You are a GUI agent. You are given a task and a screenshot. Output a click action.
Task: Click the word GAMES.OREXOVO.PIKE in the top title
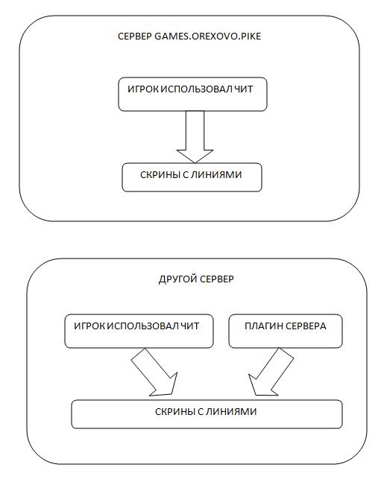coord(207,37)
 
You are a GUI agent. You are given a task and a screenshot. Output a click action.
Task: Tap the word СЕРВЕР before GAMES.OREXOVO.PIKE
coord(135,37)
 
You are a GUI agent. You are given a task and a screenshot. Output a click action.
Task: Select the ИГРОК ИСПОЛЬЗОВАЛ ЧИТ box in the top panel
coord(192,94)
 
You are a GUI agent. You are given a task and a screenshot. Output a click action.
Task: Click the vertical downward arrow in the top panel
coord(195,137)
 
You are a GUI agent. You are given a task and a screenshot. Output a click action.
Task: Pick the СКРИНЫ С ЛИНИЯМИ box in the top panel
coord(192,177)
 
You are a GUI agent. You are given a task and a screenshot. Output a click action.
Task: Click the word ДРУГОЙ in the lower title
coord(176,279)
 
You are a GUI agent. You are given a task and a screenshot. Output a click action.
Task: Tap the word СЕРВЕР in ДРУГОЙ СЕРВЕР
coord(215,279)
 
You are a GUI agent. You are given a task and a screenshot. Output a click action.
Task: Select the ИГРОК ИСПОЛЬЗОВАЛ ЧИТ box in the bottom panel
coord(139,331)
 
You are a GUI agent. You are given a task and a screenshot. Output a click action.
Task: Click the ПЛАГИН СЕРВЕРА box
coord(286,331)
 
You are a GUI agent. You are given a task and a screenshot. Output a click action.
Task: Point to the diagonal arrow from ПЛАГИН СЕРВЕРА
coord(271,372)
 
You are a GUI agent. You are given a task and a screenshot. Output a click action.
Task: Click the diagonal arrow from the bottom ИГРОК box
coord(154,372)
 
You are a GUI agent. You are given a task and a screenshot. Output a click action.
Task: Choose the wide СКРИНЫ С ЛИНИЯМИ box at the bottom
coord(207,414)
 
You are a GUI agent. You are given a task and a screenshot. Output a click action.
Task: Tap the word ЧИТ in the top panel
coord(244,89)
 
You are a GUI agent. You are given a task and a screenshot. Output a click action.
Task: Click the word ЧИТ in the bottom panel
coord(190,326)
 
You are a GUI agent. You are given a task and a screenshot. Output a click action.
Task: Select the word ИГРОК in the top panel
coord(143,89)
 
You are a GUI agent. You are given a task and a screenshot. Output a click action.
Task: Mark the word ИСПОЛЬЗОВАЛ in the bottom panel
coord(142,326)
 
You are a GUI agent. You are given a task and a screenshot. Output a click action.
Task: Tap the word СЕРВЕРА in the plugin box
coord(306,326)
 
